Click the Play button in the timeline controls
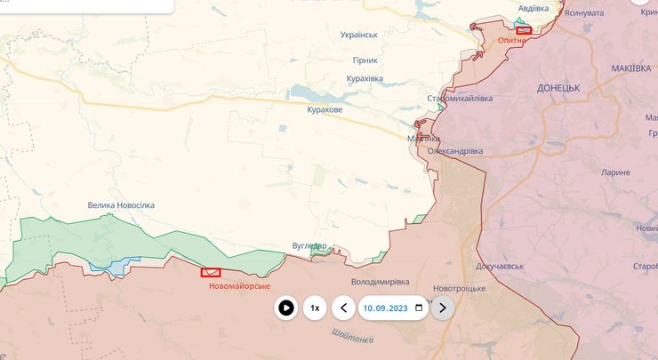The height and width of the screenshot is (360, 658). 285,308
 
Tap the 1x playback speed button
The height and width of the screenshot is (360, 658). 314,308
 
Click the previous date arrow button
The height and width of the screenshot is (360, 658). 343,308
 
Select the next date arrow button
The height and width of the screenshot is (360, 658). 443,308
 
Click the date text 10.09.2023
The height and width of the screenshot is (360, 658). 386,308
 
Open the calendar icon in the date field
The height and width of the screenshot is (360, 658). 419,308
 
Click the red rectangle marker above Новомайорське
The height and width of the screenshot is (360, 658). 211,273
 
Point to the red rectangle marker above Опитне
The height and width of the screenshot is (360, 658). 524,30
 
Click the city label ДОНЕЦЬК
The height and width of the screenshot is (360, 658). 558,89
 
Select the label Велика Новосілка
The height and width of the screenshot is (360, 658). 121,205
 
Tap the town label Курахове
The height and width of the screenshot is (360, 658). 324,109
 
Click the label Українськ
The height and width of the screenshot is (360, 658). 359,36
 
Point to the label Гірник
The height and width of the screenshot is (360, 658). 365,60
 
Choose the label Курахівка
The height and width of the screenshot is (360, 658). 364,78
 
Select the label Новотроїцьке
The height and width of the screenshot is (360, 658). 460,289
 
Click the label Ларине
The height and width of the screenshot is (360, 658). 614,172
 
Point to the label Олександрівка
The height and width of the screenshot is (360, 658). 455,151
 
